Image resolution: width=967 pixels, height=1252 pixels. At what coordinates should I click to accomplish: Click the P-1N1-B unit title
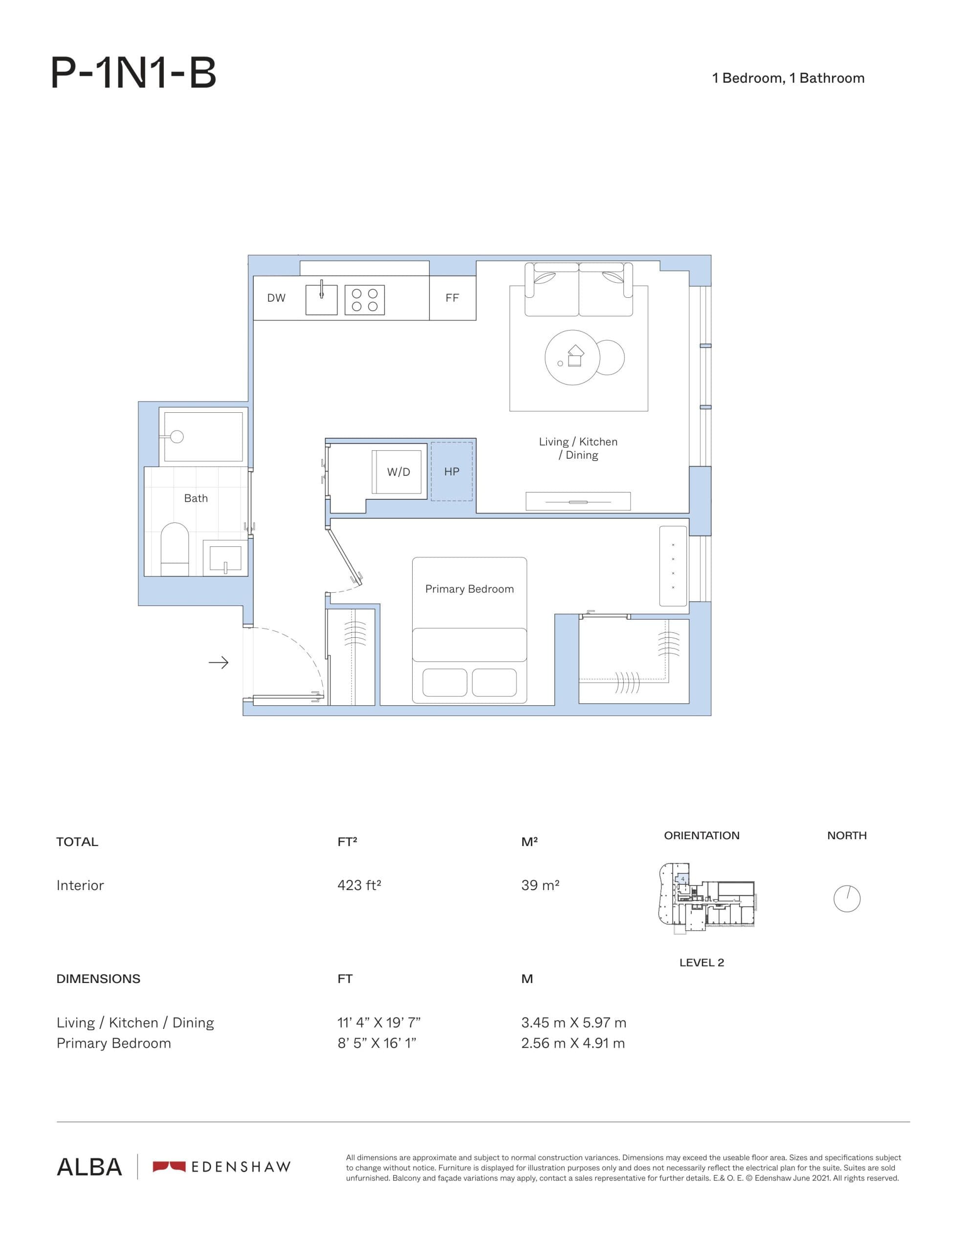[133, 73]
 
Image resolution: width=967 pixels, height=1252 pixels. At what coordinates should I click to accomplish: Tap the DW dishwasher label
[276, 298]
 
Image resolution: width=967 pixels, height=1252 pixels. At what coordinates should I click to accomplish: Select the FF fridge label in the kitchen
[452, 298]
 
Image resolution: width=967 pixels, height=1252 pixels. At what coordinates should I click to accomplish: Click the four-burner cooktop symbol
[365, 300]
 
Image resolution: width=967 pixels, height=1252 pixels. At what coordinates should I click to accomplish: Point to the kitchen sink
[321, 300]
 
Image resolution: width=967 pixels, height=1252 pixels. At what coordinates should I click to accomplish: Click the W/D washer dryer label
[398, 472]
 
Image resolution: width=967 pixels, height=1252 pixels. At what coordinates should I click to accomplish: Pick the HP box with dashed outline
[452, 471]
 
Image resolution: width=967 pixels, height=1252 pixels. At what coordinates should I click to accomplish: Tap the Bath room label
[196, 498]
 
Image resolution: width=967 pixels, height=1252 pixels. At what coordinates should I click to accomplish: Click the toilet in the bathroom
[175, 549]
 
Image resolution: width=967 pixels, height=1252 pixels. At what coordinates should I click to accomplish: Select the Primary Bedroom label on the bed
[469, 589]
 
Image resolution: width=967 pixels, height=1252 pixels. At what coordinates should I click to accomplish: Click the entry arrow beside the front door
[219, 663]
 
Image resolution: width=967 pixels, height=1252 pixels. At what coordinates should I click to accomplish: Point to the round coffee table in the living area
[572, 357]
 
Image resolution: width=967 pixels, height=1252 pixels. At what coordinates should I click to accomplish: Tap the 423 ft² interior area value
[359, 885]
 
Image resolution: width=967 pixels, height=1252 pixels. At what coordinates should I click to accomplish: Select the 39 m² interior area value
[540, 885]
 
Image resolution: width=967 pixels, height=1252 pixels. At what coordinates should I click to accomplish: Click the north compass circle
[847, 898]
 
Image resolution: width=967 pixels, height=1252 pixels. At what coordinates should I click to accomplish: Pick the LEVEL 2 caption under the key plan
[701, 962]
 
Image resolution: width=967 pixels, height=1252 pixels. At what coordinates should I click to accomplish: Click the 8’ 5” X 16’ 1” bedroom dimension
[376, 1043]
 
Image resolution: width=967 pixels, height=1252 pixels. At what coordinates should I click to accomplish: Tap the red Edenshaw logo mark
[169, 1166]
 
